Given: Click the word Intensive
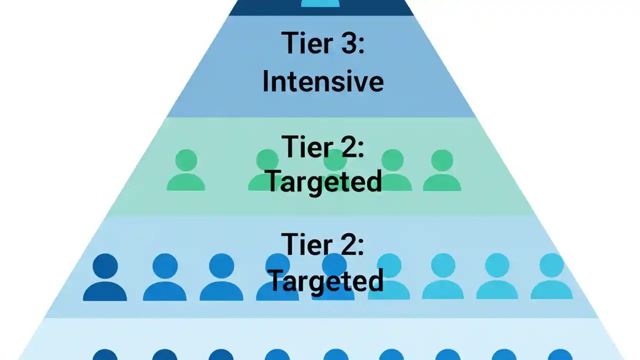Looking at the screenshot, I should click(323, 81).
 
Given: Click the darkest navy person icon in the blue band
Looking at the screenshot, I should click(105, 277).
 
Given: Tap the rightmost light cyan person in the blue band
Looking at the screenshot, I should click(551, 276).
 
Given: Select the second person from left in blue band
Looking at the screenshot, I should click(164, 277).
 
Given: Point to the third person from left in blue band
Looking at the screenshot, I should click(221, 277).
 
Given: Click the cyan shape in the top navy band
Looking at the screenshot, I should click(320, 3).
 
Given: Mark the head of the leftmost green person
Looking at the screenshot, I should click(185, 160).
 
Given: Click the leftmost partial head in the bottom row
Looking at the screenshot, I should click(105, 355).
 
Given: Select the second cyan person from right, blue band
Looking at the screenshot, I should click(497, 276).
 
